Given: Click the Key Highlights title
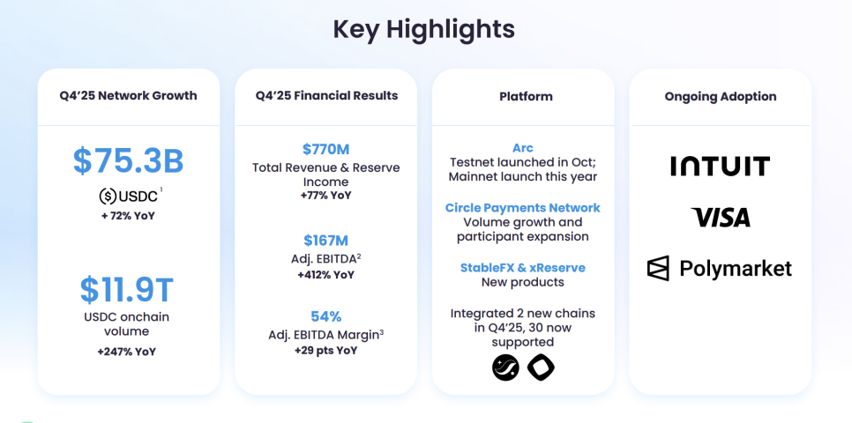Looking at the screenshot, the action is coord(424,29).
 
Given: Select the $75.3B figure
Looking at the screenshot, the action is coord(128,161).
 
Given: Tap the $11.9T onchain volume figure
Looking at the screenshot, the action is coord(127,290).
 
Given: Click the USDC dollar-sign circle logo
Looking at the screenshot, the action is coord(108,196).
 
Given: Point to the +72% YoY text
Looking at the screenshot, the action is coord(128,216).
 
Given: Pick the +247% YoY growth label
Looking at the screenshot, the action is coord(127,352).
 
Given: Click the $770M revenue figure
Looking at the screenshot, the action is coord(326,149).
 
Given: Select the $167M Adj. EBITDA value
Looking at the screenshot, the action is coord(326,241).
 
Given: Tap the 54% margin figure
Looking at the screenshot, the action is coord(326,316).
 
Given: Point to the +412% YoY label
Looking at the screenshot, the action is coord(326,275).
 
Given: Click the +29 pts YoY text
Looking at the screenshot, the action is coord(326,351).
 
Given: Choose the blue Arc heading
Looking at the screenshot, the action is coord(523,148).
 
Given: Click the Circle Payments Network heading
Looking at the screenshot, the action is coord(523,208).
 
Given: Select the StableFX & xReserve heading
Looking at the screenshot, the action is coord(523,268).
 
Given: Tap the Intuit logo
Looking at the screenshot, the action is coord(720,167).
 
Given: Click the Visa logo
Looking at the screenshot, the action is coord(721,217).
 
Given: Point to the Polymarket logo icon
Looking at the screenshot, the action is coord(658,268).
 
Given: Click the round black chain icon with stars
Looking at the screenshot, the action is coord(506,367).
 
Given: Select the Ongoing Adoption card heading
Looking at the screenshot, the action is coord(721,97).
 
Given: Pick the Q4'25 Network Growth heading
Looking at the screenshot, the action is coord(128,96).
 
